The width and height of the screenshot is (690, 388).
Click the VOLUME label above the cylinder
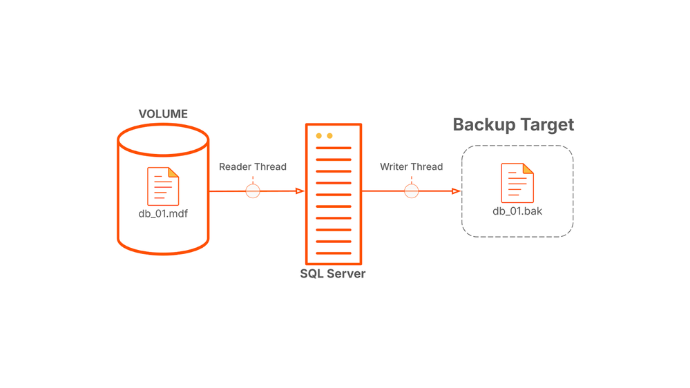[x=163, y=114]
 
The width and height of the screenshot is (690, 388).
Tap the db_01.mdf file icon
[x=163, y=186]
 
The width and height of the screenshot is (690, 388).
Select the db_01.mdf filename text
[x=163, y=213]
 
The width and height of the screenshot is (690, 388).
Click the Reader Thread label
[x=253, y=166]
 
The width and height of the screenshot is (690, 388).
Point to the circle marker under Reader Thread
[x=253, y=191]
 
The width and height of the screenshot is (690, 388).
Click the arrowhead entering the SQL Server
[x=300, y=191]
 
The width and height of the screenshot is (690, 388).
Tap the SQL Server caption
[x=333, y=273]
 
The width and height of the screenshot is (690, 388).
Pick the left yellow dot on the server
[x=319, y=136]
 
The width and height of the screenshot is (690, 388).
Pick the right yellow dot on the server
[x=329, y=136]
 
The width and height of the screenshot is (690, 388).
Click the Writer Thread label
[x=412, y=166]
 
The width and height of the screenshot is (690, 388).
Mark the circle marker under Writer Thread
[x=412, y=191]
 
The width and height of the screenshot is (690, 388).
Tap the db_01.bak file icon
[x=517, y=182]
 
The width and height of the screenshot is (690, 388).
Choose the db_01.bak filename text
[x=517, y=211]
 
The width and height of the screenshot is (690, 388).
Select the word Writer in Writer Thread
[x=394, y=166]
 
